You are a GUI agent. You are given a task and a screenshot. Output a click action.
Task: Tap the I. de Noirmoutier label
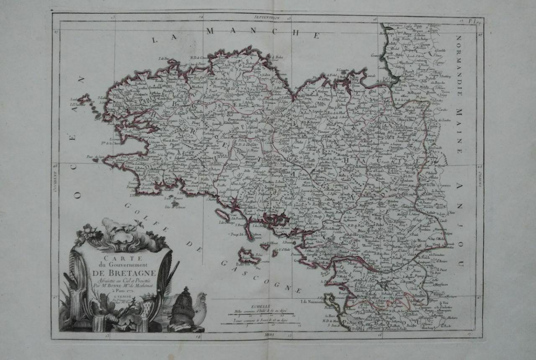[313, 301]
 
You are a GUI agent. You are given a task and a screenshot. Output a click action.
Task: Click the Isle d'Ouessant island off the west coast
[85, 100]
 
